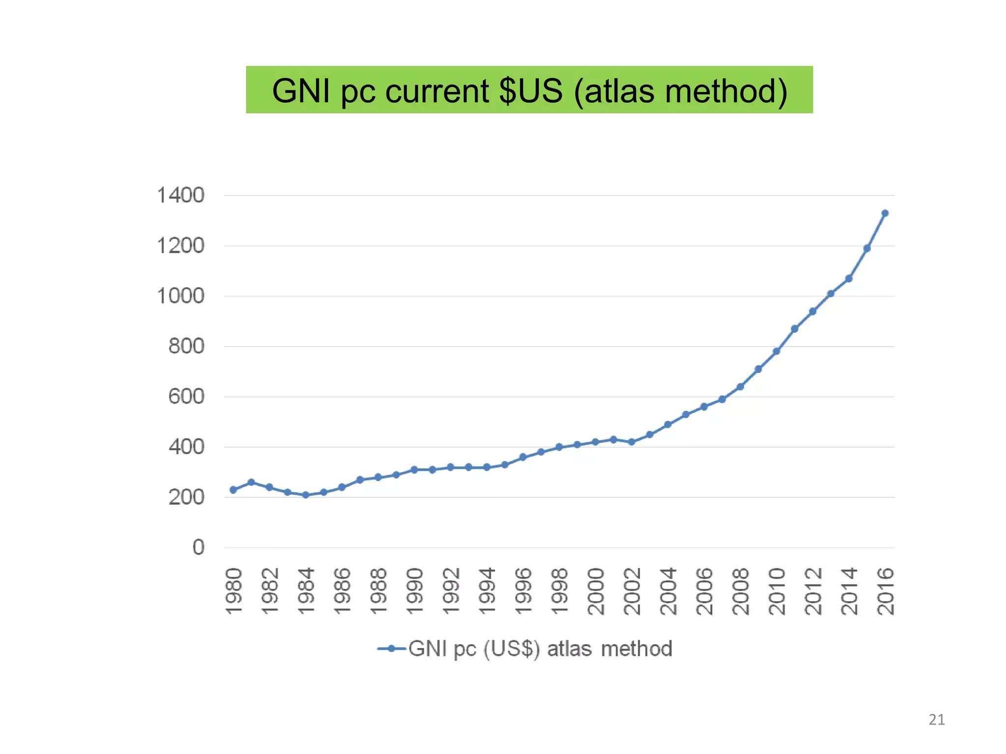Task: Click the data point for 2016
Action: pos(885,213)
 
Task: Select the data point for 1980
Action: pos(233,489)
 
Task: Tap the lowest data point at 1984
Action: pos(306,495)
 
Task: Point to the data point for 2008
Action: pos(740,387)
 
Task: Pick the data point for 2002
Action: pos(632,442)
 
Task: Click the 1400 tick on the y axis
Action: pos(180,195)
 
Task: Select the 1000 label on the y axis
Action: pos(180,296)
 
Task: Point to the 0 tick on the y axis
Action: pos(198,547)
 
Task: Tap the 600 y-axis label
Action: pos(186,397)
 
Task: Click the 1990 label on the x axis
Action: pos(415,591)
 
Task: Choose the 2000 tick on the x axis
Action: pos(596,591)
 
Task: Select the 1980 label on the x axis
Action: pos(234,591)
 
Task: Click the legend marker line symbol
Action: pos(391,648)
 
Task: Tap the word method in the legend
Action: pos(637,648)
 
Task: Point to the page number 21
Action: pos(937,720)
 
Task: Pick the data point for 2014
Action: pos(849,278)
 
